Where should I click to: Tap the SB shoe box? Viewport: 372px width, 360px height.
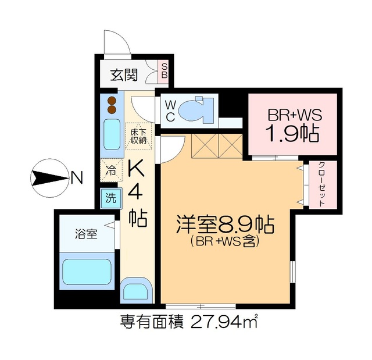pos(164,70)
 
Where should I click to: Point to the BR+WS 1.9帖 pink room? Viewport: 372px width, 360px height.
pos(293,124)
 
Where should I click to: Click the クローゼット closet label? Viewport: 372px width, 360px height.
pos(321,184)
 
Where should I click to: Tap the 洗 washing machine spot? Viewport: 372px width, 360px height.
pos(110,198)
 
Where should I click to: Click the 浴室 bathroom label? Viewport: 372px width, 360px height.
pos(86,235)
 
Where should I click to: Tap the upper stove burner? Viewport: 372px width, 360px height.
pos(112,99)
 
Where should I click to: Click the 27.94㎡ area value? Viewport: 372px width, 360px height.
pos(224,320)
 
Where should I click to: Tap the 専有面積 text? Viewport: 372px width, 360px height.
pos(152,320)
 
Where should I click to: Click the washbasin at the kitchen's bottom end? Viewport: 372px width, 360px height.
pos(138,289)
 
